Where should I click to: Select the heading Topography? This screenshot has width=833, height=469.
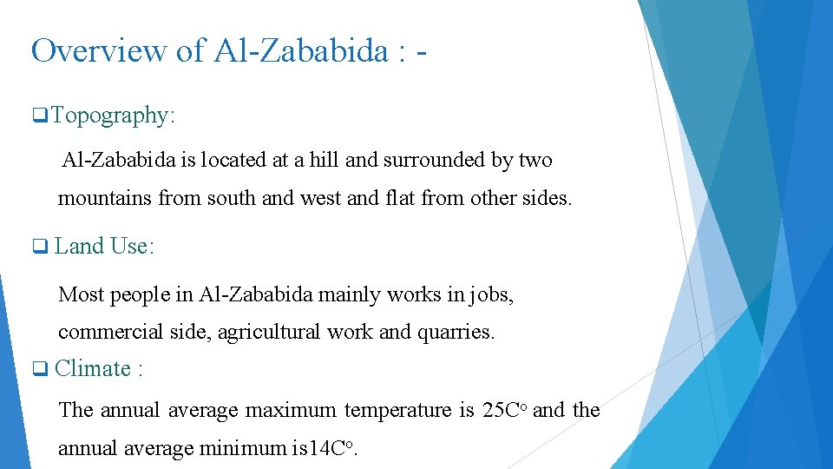113,116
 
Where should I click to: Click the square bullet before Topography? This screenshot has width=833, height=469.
38,116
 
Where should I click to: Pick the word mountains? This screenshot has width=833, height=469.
104,198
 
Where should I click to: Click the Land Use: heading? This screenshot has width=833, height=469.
104,247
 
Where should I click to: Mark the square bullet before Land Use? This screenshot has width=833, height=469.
38,247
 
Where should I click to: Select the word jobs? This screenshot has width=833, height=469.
493,295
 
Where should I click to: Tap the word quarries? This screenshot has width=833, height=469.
458,332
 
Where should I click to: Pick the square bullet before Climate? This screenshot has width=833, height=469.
38,369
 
